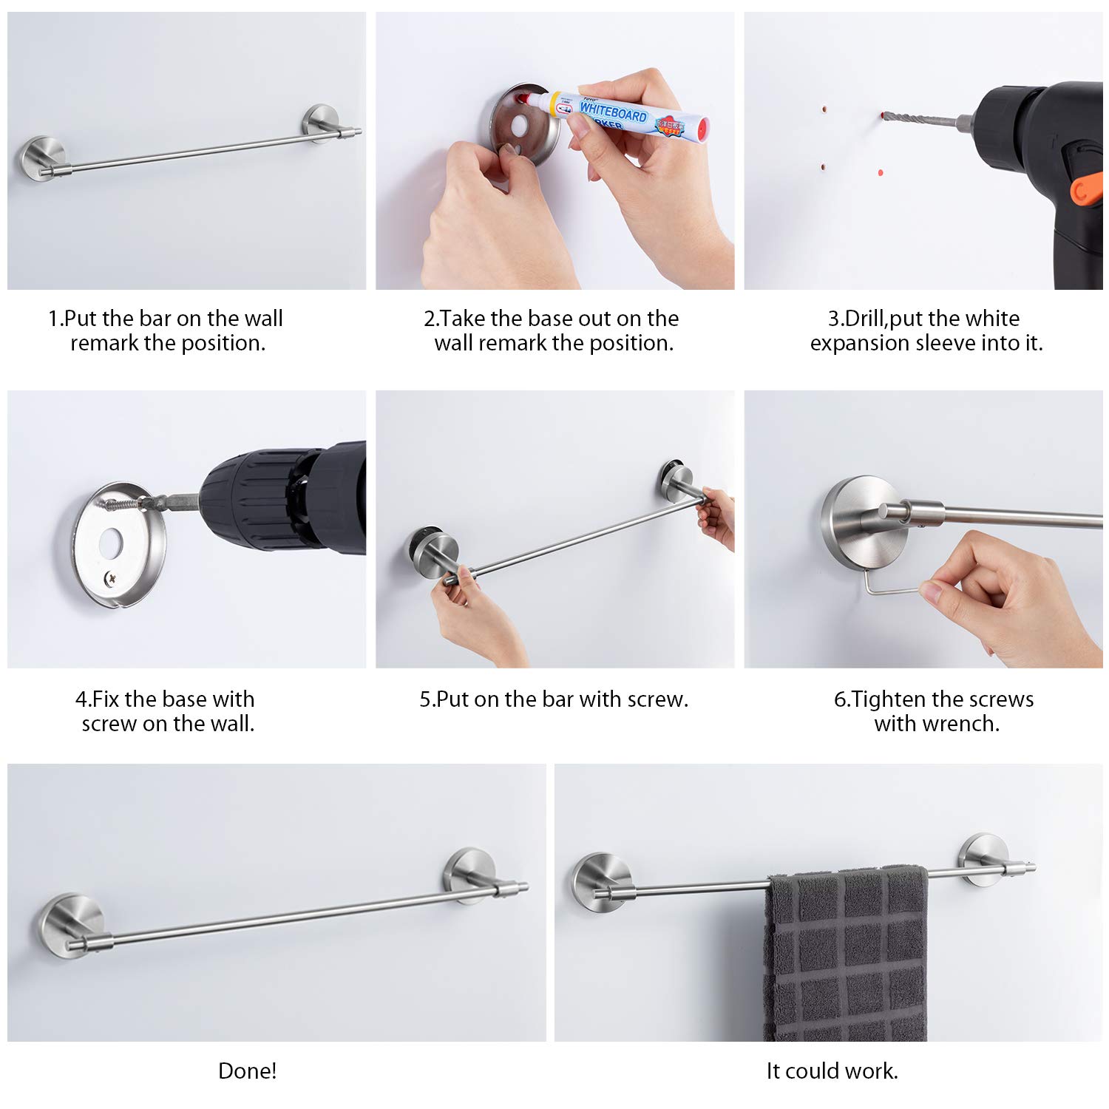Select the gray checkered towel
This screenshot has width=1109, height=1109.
point(846,954)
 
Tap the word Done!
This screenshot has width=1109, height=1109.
point(248,1071)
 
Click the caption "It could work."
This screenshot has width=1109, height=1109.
point(832,1071)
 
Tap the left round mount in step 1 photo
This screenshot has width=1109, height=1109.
point(41,157)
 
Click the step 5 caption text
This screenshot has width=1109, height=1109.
point(554,699)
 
